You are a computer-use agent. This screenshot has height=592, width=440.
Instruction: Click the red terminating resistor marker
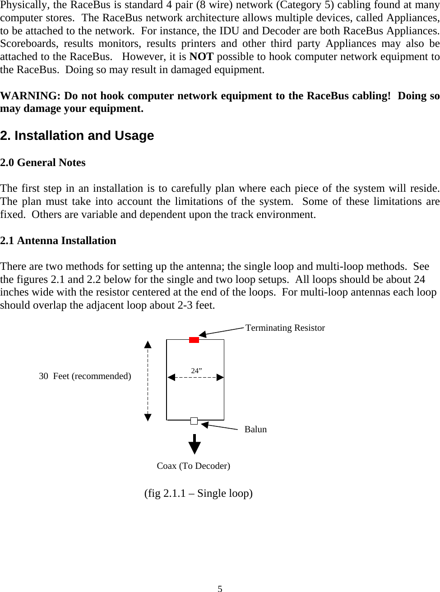pyautogui.click(x=194, y=340)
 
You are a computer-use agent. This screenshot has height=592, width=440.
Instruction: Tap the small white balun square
pyautogui.click(x=194, y=421)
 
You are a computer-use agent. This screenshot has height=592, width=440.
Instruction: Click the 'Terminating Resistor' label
pyautogui.click(x=285, y=328)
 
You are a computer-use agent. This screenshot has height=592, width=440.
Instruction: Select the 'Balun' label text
pyautogui.click(x=255, y=429)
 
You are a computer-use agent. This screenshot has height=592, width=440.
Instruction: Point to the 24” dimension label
pyautogui.click(x=196, y=370)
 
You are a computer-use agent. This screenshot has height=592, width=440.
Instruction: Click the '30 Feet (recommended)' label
pyautogui.click(x=85, y=376)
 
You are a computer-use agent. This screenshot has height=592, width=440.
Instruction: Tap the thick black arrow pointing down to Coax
pyautogui.click(x=195, y=444)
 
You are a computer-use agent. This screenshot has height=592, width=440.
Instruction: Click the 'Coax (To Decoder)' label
pyautogui.click(x=193, y=466)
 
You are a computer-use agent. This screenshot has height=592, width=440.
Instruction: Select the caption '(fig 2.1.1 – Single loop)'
pyautogui.click(x=198, y=493)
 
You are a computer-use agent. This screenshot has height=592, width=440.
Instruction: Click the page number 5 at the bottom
pyautogui.click(x=220, y=588)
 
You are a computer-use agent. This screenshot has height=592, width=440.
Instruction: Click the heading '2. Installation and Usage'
pyautogui.click(x=77, y=135)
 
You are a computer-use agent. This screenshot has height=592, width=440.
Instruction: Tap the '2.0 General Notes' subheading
pyautogui.click(x=43, y=162)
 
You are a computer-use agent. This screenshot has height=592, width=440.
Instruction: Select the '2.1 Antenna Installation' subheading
pyautogui.click(x=58, y=240)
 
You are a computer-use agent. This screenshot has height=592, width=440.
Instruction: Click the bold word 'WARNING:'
pyautogui.click(x=30, y=96)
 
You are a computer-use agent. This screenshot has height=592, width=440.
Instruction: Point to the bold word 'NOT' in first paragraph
pyautogui.click(x=201, y=56)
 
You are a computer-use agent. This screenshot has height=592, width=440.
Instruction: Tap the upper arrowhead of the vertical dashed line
pyautogui.click(x=148, y=345)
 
